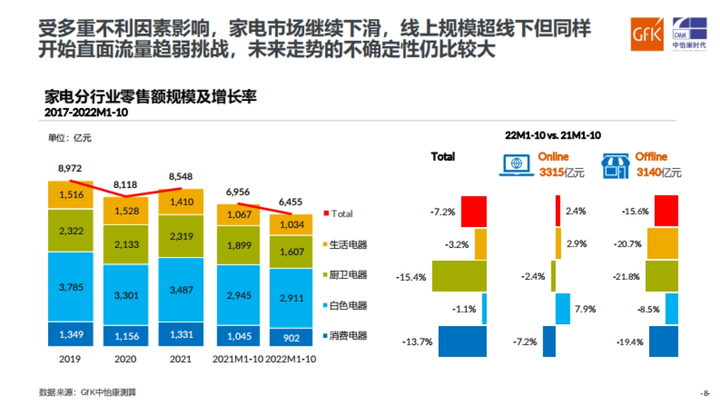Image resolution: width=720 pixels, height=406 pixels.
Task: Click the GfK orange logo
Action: click(646, 34)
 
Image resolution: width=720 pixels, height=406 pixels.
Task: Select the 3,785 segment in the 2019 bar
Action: click(71, 286)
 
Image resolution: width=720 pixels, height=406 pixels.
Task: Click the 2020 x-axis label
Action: click(125, 359)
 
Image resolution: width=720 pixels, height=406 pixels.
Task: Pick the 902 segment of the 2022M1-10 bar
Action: click(290, 338)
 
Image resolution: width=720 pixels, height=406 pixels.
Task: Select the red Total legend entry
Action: click(338, 213)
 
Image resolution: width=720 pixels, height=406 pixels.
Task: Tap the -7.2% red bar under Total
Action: click(473, 211)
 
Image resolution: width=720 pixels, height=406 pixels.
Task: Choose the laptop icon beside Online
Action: click(515, 165)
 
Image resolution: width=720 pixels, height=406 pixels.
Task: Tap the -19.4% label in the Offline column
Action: click(629, 342)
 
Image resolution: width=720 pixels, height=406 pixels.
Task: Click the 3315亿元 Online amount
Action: click(561, 173)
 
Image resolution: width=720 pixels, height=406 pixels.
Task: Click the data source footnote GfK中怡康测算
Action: click(88, 392)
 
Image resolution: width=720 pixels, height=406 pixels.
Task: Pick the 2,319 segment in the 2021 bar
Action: click(181, 236)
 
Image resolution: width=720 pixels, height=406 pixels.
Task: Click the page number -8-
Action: click(704, 393)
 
